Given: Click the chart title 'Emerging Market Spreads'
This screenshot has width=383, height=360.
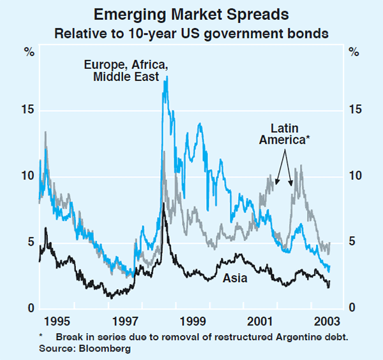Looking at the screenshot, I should point(191,14).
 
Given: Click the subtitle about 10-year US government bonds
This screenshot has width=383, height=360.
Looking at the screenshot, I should point(191,32).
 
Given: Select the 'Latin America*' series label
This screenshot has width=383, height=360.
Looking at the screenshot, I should point(284,135).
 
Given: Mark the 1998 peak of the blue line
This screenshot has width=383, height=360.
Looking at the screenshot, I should point(167,77).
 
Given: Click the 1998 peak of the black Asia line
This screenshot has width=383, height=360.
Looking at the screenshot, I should point(163,204).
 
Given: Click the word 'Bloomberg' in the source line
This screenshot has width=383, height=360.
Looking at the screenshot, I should point(110,349).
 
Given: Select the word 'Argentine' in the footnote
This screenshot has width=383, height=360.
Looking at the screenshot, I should point(276,337).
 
